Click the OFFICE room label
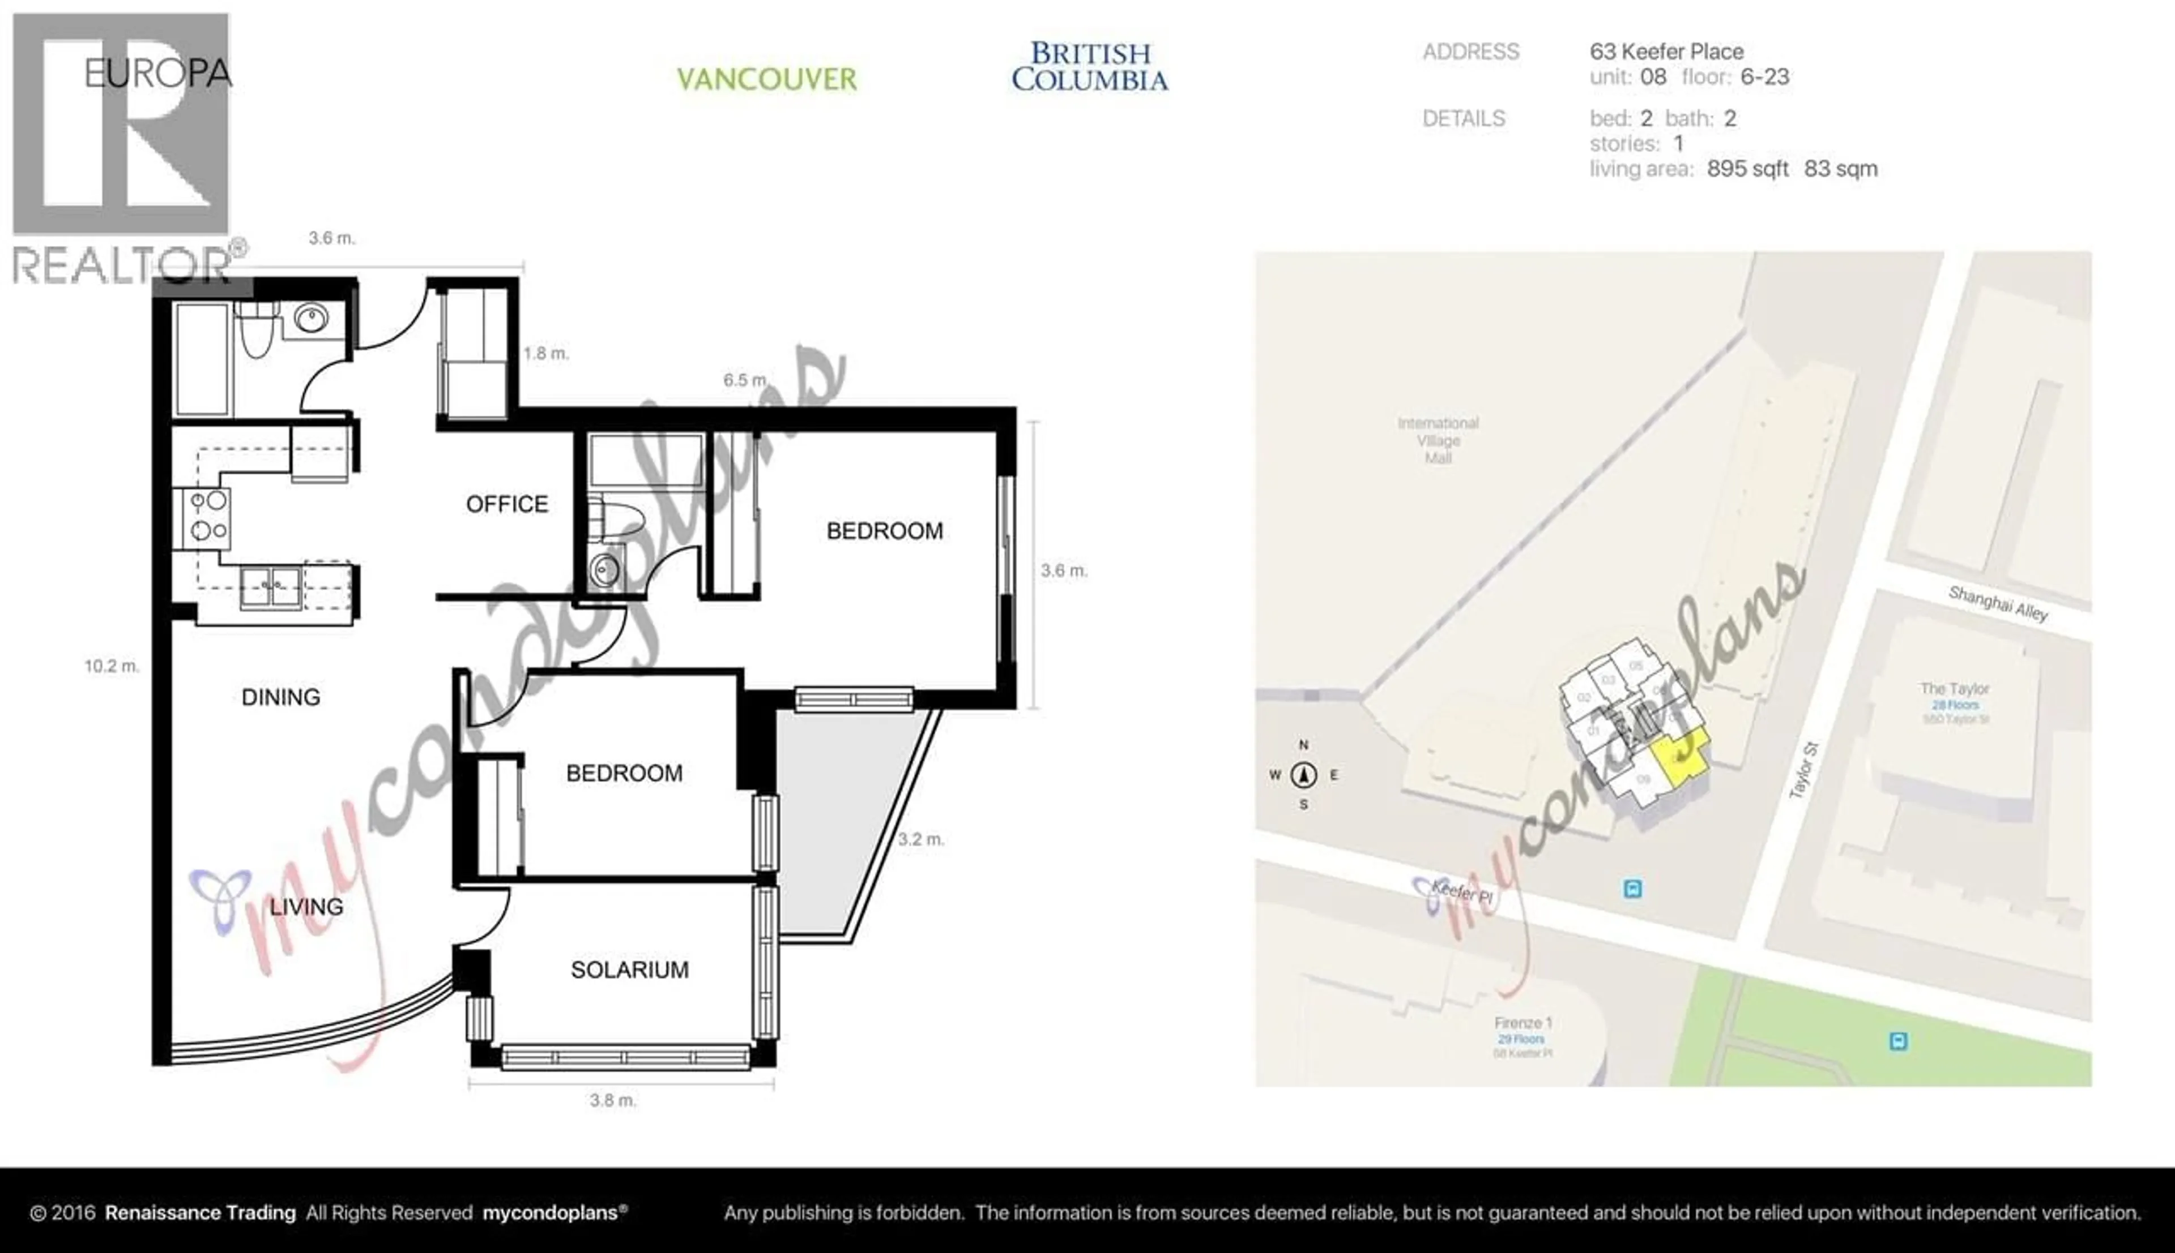(x=506, y=504)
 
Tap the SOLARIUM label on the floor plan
(x=629, y=970)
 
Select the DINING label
(x=281, y=697)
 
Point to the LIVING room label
(x=306, y=906)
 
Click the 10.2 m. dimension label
(x=111, y=666)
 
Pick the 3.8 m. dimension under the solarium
(x=613, y=1100)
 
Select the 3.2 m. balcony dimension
(x=920, y=839)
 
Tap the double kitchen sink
(x=270, y=588)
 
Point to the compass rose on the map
(x=1304, y=775)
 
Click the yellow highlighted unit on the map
(x=1679, y=755)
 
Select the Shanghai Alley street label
(x=1998, y=604)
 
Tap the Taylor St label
(x=1803, y=770)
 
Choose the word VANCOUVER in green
(x=766, y=79)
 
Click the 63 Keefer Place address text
(x=1666, y=52)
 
